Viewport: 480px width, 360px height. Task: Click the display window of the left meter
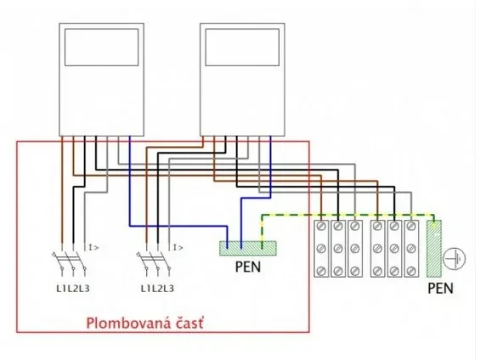101,47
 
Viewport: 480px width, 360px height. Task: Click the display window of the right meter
242,47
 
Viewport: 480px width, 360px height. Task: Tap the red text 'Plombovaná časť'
144,323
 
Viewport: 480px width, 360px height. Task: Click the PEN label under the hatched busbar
248,267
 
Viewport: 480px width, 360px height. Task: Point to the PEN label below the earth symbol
440,288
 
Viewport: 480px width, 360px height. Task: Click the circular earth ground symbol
455,259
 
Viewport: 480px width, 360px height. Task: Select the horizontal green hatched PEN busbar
248,249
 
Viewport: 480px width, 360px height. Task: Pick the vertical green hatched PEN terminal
434,249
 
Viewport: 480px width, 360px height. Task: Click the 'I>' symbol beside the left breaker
93,247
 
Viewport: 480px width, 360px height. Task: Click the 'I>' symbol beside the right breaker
178,247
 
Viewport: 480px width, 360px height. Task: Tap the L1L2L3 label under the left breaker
73,289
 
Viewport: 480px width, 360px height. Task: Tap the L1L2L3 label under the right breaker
157,289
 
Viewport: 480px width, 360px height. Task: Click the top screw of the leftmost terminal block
321,227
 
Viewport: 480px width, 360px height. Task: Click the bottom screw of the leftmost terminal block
321,271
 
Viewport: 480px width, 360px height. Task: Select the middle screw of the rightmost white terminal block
411,249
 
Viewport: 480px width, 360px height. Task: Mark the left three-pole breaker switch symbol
69,262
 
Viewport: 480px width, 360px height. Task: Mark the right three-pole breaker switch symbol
154,262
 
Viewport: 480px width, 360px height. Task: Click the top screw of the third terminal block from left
355,227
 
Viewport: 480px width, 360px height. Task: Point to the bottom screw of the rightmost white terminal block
411,271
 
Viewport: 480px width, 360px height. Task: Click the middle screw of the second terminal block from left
338,249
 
